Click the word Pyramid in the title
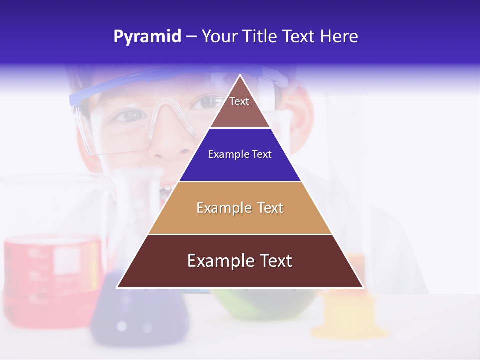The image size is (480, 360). point(147,37)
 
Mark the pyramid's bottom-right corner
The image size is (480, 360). point(363,287)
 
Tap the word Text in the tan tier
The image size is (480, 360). point(270,208)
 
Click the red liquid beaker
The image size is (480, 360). point(50,275)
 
